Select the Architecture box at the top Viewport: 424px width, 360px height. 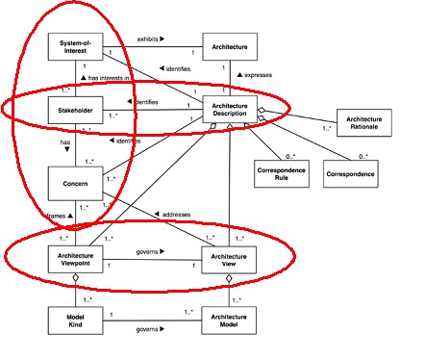228,46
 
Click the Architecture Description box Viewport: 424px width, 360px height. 228,112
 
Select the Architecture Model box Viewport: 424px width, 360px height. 228,321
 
